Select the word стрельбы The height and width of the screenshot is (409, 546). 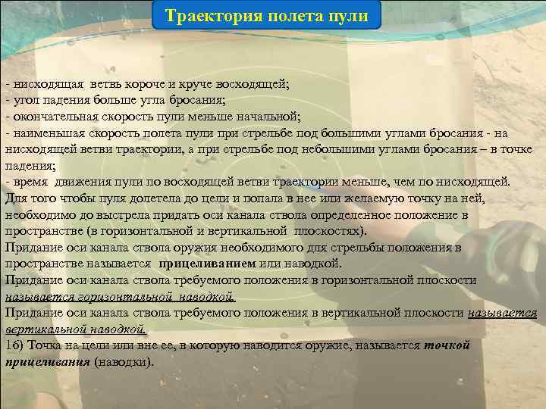tap(368, 248)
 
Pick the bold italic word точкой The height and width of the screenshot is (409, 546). tap(447, 345)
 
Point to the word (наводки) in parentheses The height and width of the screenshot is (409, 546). tap(124, 362)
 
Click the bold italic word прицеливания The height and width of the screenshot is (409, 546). tap(47, 362)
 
